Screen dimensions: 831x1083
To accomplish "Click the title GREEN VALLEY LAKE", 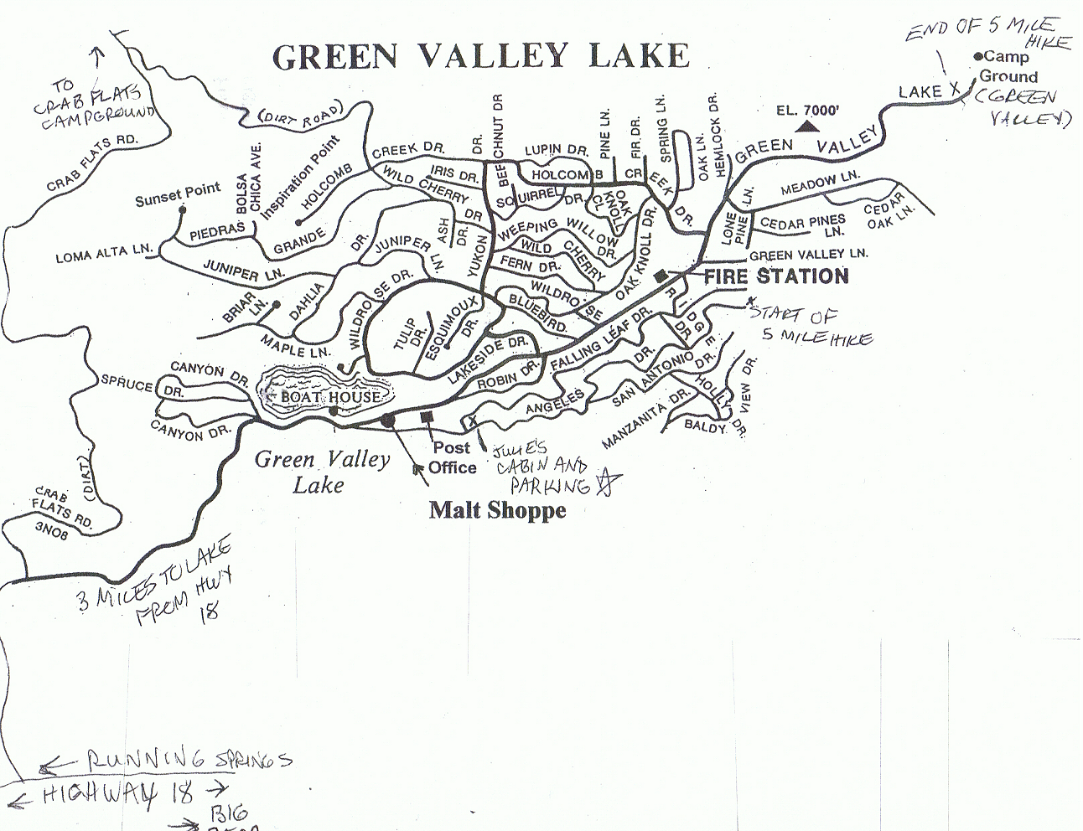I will pos(481,55).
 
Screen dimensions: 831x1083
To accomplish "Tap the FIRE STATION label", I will pos(775,276).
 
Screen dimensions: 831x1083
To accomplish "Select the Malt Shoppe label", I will pos(497,509).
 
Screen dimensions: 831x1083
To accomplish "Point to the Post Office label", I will pos(452,458).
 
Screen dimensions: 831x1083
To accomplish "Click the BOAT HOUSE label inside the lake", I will pos(330,396).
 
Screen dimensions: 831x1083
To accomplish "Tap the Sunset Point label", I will pos(177,194).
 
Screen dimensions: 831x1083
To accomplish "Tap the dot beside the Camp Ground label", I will pos(978,56).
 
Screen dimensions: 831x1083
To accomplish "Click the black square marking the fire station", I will pos(661,276).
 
